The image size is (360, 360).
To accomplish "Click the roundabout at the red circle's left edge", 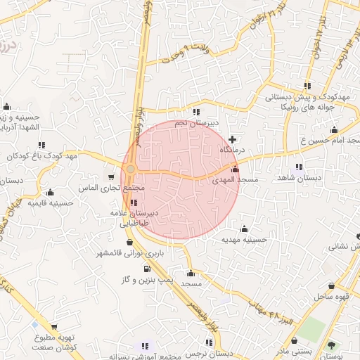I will click(130, 169).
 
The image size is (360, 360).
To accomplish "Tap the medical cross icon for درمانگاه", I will click(233, 139).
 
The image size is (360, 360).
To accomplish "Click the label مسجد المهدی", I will click(236, 181).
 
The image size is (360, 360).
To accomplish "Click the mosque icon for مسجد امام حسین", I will click(334, 130).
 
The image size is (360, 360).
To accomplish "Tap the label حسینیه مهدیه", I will click(243, 240).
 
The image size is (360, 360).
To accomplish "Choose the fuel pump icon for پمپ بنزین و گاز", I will click(147, 269).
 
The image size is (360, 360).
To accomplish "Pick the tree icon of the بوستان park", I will click(330, 345).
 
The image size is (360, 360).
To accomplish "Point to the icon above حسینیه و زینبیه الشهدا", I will click(7, 107).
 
